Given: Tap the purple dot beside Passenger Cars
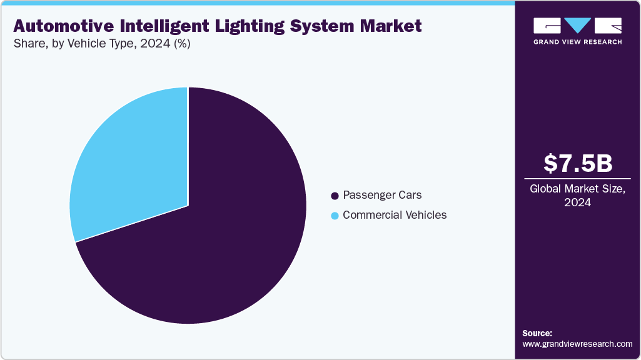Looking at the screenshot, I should point(335,196).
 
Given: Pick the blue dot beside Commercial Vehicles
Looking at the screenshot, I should point(335,216).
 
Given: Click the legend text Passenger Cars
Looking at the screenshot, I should point(382,196).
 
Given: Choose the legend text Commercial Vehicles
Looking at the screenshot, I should point(395,215).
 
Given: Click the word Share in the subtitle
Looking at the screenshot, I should point(28,44).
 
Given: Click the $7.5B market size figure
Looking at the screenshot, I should point(577,163).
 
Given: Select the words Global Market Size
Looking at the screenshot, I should point(577,189).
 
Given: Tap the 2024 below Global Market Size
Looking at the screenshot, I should point(577,202).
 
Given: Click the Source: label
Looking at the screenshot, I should point(537,333).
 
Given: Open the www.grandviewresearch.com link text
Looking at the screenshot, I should point(577,344).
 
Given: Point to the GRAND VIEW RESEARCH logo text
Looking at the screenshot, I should point(577,42).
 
